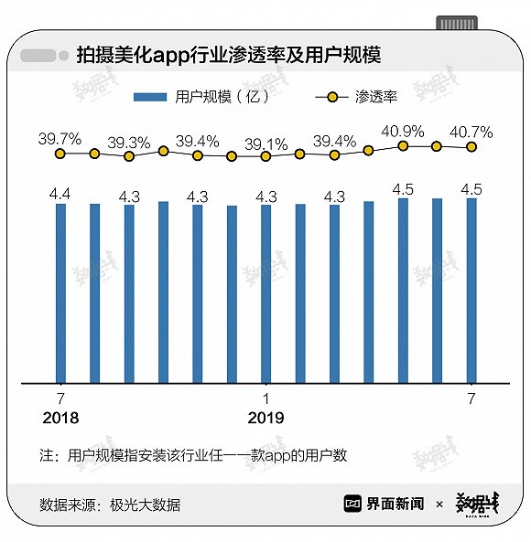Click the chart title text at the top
tap(229, 56)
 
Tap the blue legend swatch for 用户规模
tap(150, 97)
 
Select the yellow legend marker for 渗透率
tap(332, 97)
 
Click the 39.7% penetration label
tap(60, 139)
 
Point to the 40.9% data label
tap(403, 132)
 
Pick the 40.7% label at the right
tap(471, 133)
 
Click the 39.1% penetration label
tap(265, 144)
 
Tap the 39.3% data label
tap(129, 143)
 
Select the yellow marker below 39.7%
tap(60, 154)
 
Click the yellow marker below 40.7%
tap(471, 147)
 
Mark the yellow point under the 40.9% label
tap(403, 146)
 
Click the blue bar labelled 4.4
tap(60, 293)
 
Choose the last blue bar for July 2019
tap(471, 291)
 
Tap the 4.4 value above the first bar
tap(60, 195)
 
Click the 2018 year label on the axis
tap(60, 418)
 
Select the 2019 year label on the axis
tap(265, 418)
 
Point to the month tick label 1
tap(265, 399)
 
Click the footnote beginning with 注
tap(193, 455)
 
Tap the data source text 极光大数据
tap(145, 505)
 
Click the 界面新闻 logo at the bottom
tap(384, 504)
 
